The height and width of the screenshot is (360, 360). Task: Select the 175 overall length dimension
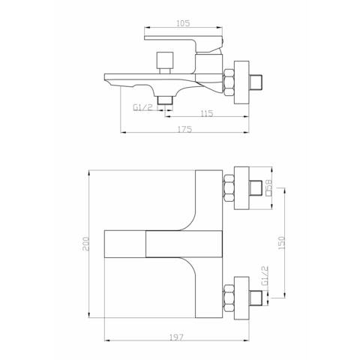coord(184,130)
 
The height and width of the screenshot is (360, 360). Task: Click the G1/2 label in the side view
coord(142,107)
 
